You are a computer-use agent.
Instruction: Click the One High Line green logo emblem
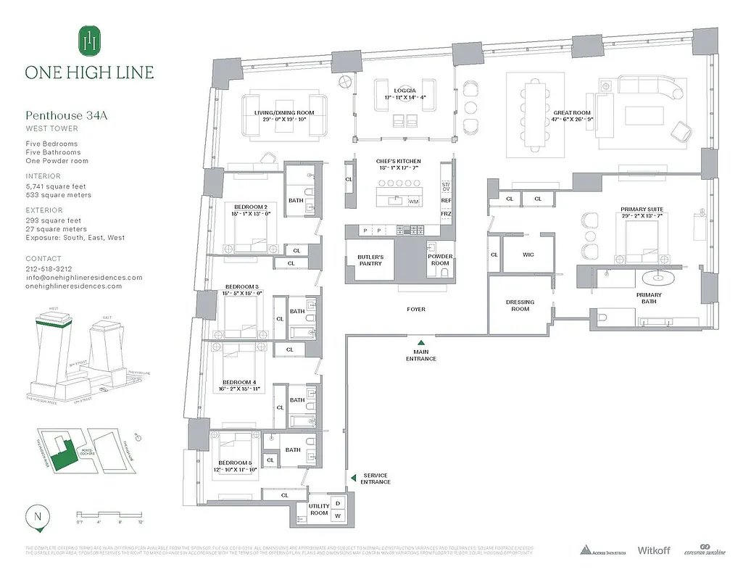(89, 41)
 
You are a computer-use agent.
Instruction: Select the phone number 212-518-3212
(49, 268)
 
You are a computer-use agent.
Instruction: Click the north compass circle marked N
(36, 517)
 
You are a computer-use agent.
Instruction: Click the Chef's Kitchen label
(398, 162)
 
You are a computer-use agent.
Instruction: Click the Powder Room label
(439, 260)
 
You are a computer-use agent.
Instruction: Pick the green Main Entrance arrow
(421, 342)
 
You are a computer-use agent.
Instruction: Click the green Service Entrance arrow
(353, 478)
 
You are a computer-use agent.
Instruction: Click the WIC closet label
(528, 254)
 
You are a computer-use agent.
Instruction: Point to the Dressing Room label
(520, 305)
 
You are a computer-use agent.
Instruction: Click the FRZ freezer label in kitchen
(446, 215)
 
